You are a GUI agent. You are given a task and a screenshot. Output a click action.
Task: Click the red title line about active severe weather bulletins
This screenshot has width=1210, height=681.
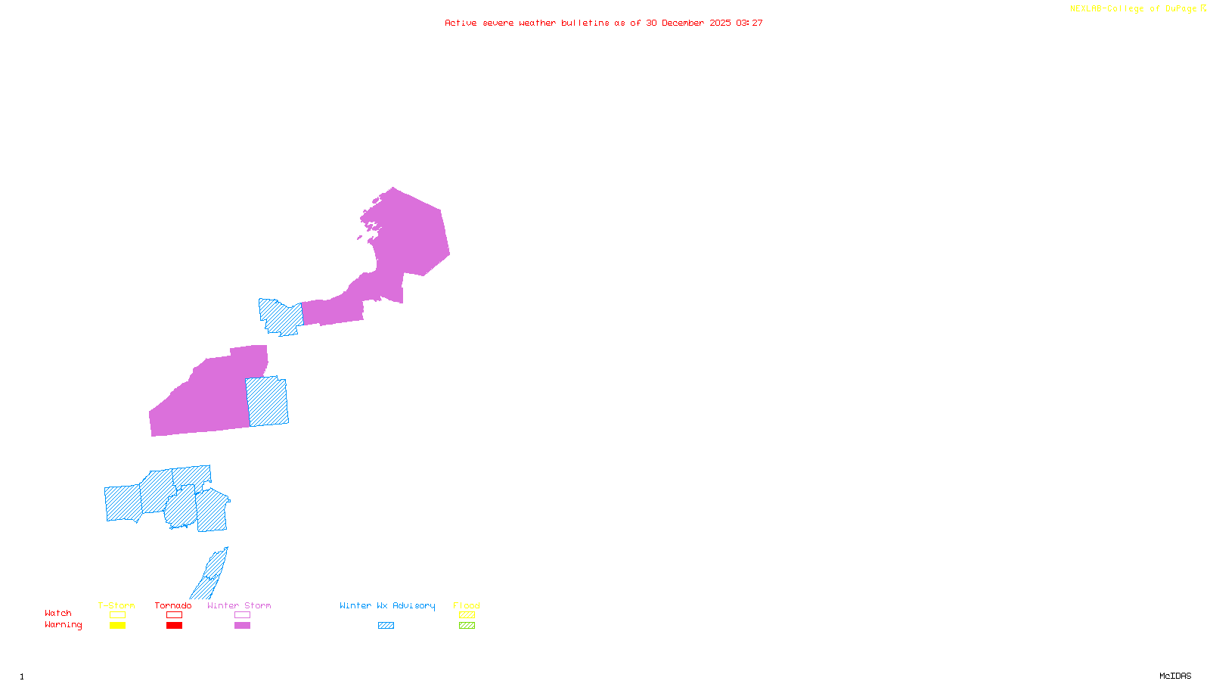pyautogui.click(x=603, y=23)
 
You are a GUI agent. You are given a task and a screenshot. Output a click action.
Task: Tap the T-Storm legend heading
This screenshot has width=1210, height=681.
pyautogui.click(x=116, y=605)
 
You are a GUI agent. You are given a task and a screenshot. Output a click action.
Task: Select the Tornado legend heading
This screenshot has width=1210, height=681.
pyautogui.click(x=173, y=605)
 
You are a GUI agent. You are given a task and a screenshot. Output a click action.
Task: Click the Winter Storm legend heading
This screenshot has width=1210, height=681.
pyautogui.click(x=239, y=605)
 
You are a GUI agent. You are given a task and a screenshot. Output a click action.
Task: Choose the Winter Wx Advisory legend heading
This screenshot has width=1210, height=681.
pyautogui.click(x=387, y=605)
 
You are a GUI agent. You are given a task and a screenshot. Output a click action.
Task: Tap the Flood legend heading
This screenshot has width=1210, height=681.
pyautogui.click(x=467, y=605)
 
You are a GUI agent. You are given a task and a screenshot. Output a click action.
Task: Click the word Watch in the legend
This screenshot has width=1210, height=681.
pyautogui.click(x=58, y=614)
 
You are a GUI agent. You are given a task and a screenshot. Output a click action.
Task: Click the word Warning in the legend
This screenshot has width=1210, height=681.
pyautogui.click(x=64, y=625)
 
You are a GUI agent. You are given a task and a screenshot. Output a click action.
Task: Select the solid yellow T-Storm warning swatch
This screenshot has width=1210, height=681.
pyautogui.click(x=117, y=626)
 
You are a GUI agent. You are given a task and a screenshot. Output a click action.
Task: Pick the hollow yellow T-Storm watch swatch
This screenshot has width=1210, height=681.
pyautogui.click(x=117, y=615)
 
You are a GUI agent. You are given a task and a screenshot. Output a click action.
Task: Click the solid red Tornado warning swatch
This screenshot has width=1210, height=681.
pyautogui.click(x=174, y=626)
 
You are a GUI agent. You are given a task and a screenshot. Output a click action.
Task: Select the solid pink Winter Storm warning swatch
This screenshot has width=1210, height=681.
pyautogui.click(x=242, y=626)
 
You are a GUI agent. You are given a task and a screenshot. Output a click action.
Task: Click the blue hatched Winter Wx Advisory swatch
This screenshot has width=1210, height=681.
pyautogui.click(x=386, y=626)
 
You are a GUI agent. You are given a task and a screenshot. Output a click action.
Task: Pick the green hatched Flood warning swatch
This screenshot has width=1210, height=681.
pyautogui.click(x=467, y=626)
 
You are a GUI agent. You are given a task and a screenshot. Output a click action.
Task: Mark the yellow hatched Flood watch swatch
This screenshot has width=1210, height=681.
pyautogui.click(x=467, y=615)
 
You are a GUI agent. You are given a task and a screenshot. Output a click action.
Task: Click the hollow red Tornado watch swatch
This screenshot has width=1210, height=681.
pyautogui.click(x=174, y=615)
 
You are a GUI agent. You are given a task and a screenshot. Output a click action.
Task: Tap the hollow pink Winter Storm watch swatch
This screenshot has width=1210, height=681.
pyautogui.click(x=242, y=615)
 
